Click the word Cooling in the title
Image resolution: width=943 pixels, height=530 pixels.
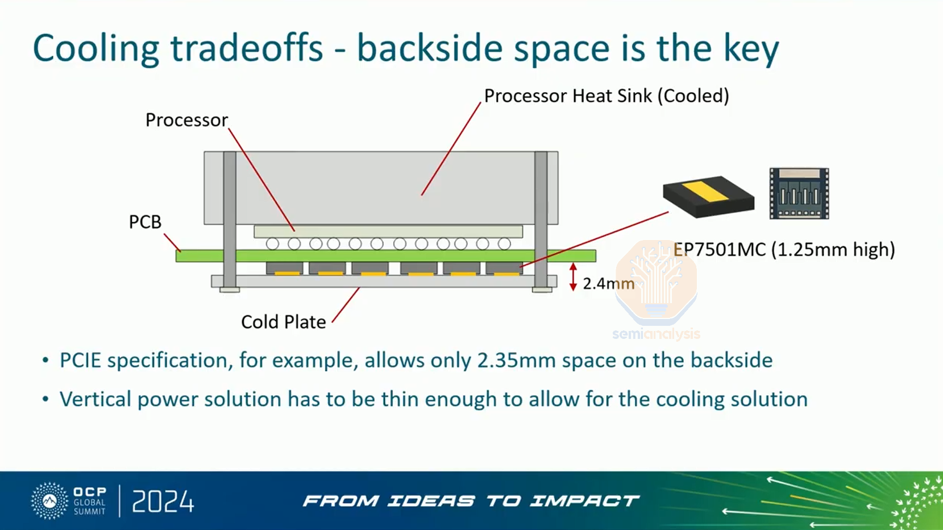point(96,49)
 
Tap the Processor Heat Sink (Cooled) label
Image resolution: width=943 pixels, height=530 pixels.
point(606,96)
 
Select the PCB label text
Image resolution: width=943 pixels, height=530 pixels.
point(146,222)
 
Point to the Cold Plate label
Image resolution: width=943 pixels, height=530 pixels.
point(283,322)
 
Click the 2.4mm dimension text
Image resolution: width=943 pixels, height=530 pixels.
point(609,284)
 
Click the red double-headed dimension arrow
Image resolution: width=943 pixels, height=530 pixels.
point(573,277)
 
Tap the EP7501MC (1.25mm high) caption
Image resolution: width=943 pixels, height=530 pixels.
point(784,250)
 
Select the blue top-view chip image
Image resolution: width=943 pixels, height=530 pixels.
point(799,193)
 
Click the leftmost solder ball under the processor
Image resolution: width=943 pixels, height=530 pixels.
point(272,243)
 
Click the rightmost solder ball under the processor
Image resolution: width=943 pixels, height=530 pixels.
point(504,243)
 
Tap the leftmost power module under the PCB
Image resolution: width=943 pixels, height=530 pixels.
point(285,268)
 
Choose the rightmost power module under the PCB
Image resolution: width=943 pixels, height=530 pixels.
point(504,268)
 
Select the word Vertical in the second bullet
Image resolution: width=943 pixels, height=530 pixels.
point(95,399)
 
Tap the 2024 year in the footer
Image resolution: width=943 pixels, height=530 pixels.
point(163,502)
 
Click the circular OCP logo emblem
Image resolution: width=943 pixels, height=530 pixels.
point(49,501)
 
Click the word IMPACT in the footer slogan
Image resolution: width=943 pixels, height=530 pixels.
point(584,501)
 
